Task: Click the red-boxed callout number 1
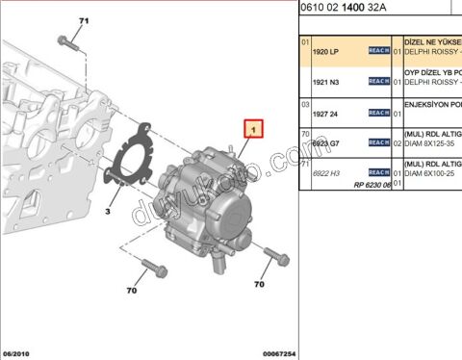pos(252,127)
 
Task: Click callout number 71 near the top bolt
pos(83,20)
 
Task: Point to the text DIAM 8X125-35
pos(428,143)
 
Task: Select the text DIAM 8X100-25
pos(428,173)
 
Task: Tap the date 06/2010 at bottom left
pos(19,353)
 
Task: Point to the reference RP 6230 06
pos(371,184)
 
